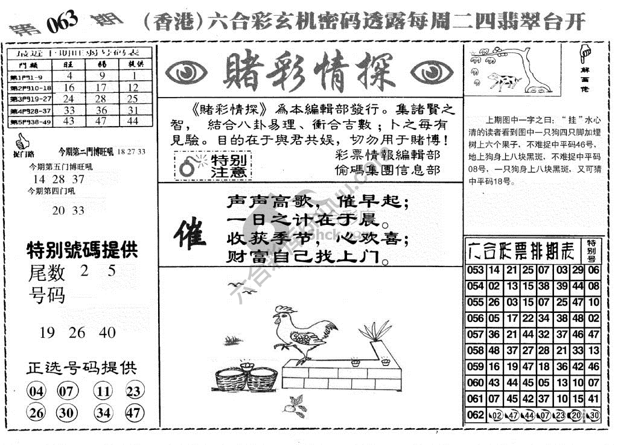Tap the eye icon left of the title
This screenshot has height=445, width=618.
click(x=187, y=73)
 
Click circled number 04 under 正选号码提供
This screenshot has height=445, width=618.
click(x=36, y=391)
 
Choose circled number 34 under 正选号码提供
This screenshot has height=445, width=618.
click(x=103, y=413)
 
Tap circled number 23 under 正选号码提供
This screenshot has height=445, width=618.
click(x=133, y=391)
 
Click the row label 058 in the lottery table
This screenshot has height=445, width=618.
click(x=476, y=350)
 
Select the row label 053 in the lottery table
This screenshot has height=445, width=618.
click(x=476, y=271)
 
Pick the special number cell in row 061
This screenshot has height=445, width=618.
click(x=593, y=398)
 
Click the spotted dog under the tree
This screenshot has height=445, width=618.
click(x=503, y=80)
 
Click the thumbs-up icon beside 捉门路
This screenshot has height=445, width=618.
click(x=22, y=142)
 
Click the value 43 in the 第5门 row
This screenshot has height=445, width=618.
click(x=69, y=121)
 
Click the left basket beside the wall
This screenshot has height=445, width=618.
click(x=231, y=376)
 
